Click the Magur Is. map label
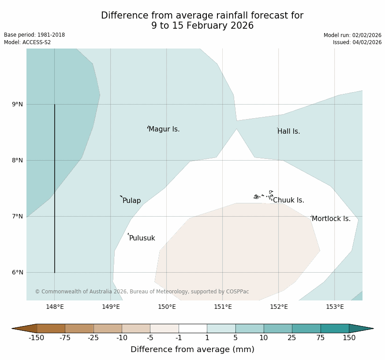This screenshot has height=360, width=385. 164,129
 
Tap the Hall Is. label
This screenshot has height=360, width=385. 289,131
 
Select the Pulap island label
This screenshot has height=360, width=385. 131,201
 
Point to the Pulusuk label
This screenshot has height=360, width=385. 142,238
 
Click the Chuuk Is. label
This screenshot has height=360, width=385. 288,200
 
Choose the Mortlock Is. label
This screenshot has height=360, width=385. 331,219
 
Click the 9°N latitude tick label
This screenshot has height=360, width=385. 17,105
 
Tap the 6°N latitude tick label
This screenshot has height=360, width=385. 17,273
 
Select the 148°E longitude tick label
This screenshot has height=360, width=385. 55,307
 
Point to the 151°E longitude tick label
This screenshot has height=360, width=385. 223,307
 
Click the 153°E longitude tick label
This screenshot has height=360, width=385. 335,307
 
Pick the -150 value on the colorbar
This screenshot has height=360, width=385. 37,338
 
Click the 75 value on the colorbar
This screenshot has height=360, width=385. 321,338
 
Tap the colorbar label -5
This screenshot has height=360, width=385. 150,338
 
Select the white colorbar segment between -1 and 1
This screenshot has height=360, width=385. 193,328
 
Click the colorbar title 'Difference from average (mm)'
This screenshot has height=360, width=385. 192,349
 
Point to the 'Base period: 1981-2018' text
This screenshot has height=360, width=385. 34,35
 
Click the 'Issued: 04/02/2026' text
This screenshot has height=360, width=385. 357,42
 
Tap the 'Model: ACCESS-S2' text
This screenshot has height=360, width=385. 27,42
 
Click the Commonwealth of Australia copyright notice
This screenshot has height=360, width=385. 142,292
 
